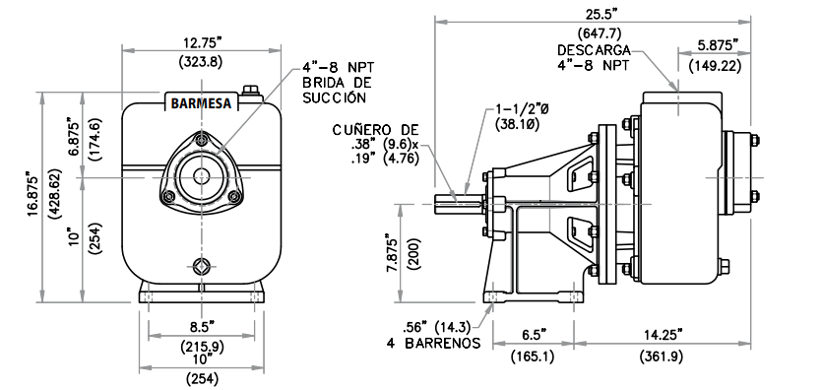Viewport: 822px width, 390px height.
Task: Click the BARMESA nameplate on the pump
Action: tap(201, 102)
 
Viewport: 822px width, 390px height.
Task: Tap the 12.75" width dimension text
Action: tap(201, 41)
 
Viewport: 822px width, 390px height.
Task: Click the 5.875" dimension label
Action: tap(718, 45)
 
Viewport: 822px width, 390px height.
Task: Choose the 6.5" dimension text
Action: tap(534, 334)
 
